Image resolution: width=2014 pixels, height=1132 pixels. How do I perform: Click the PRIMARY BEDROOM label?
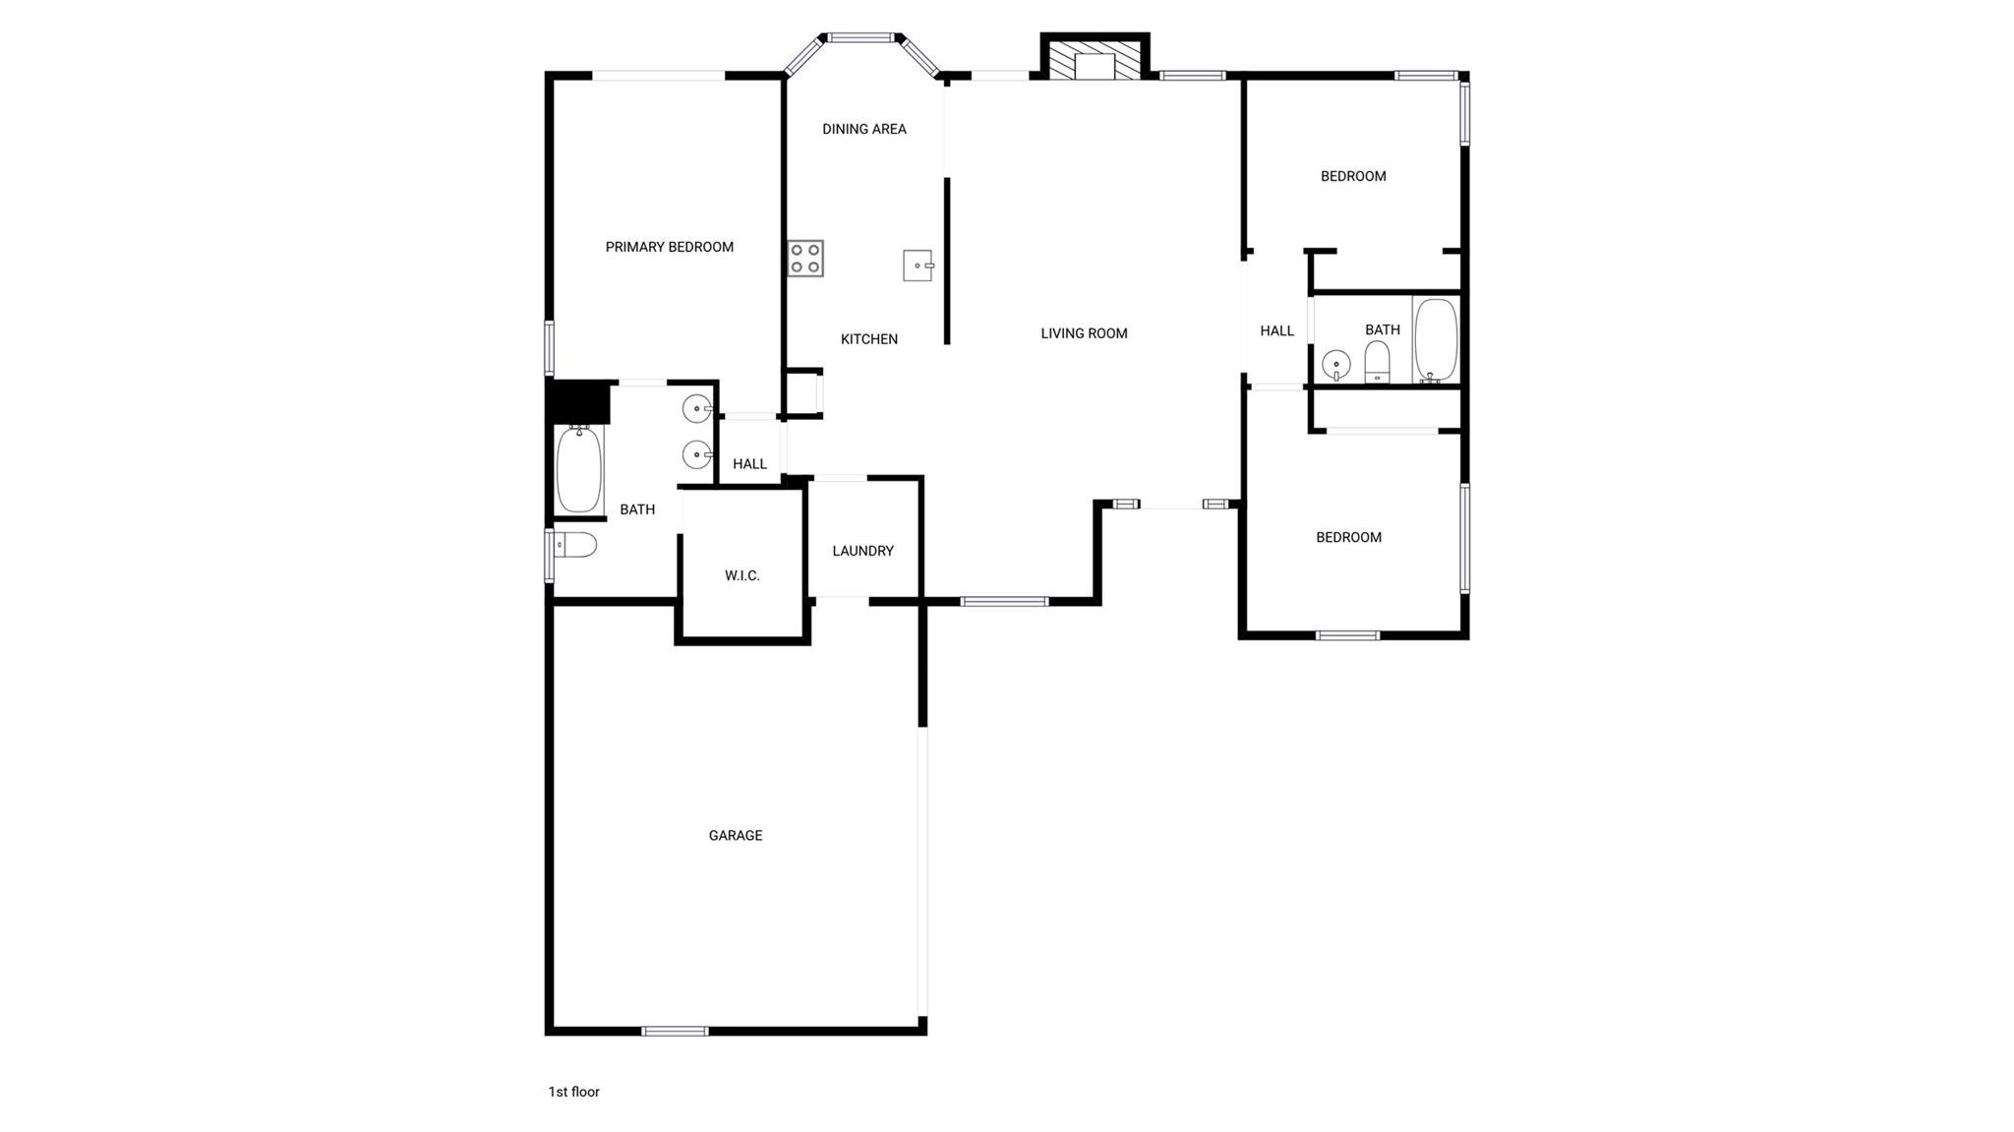(669, 247)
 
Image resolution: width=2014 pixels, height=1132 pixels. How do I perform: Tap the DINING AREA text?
(863, 129)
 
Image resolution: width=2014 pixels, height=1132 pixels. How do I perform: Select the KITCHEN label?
(868, 339)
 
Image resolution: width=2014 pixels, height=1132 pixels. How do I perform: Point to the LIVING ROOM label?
(1084, 333)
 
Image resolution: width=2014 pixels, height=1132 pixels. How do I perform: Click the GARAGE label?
(735, 835)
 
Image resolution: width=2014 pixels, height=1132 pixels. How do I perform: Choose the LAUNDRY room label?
(862, 551)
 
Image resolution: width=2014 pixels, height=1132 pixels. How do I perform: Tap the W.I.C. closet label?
(741, 575)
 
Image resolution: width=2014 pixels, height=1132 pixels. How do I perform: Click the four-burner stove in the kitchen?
(805, 259)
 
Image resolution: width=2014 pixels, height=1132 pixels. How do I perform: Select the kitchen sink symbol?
(918, 266)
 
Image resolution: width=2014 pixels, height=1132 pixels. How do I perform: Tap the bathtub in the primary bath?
(579, 469)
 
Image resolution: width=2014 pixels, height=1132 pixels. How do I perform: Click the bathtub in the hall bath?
(1436, 339)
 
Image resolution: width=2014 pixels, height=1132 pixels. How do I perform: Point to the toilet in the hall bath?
(1377, 362)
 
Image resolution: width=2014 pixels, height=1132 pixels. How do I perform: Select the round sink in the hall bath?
(1335, 365)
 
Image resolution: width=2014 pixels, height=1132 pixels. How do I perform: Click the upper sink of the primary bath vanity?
(696, 407)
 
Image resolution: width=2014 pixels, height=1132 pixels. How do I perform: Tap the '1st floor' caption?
(573, 1092)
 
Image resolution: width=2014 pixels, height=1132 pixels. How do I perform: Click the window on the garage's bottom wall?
(675, 1031)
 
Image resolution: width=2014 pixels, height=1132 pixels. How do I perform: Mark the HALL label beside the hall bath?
(1276, 330)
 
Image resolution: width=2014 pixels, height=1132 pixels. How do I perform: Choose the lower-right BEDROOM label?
(1348, 537)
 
